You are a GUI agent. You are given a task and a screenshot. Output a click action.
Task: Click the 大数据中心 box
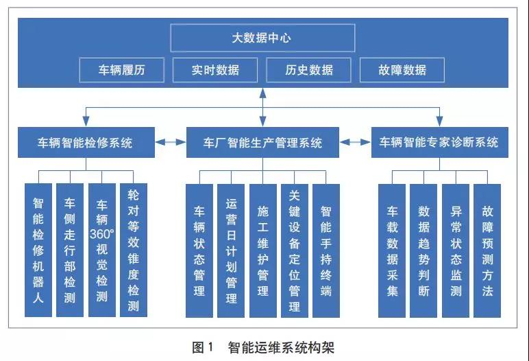[262, 38]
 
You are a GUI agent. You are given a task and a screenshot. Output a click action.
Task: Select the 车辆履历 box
[123, 70]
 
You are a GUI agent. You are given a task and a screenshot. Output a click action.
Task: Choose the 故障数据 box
[402, 70]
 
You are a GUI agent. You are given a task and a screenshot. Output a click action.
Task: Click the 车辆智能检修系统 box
[85, 143]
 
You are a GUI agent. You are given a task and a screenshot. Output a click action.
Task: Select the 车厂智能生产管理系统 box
[262, 143]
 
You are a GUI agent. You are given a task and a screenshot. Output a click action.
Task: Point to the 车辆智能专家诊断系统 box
[439, 143]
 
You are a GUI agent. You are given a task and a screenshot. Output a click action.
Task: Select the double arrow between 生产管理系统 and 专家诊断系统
[355, 143]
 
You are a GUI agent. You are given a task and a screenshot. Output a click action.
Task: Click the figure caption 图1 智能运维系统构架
[263, 347]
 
